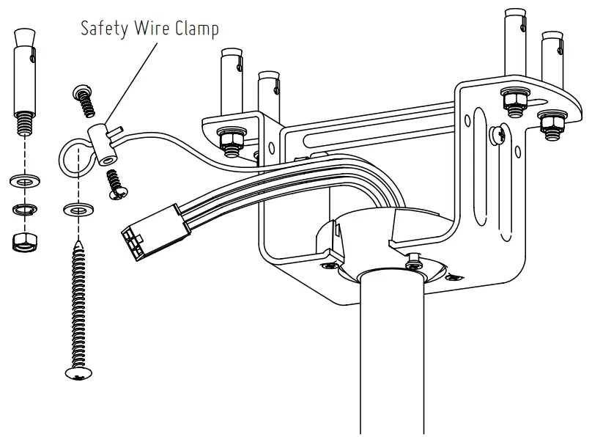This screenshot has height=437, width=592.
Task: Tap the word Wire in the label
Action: (x=150, y=29)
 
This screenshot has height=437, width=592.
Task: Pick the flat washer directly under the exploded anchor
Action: (x=24, y=180)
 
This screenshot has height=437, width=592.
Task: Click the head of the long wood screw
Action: (x=78, y=374)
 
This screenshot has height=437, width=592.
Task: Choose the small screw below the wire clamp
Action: (x=115, y=183)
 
